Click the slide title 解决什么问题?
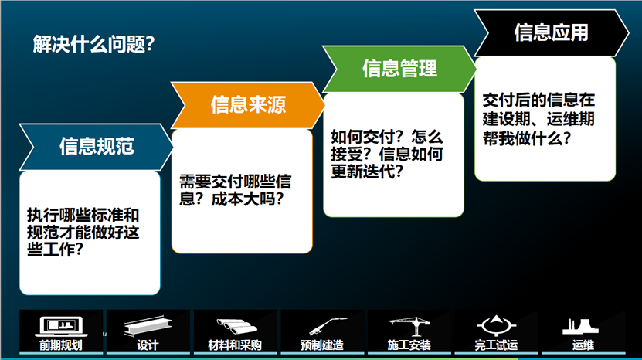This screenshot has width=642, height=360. click(93, 44)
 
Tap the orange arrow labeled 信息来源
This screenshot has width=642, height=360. click(248, 105)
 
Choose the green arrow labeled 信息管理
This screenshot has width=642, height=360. click(399, 69)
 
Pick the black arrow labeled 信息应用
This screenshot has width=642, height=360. click(551, 32)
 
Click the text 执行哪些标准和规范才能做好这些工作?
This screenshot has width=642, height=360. click(83, 233)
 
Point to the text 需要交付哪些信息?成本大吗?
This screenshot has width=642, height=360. click(236, 190)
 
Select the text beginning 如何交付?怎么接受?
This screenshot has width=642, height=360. click(387, 154)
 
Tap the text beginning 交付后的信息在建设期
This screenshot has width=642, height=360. click(538, 119)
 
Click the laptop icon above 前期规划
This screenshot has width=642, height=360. click(61, 326)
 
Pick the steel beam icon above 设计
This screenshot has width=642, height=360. click(148, 325)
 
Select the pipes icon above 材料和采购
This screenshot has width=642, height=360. click(236, 327)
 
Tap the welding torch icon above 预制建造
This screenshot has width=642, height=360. click(328, 326)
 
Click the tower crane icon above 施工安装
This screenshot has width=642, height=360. click(409, 326)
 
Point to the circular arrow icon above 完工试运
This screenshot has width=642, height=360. click(496, 325)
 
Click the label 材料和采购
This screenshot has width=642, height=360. click(235, 345)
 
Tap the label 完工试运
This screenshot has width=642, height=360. click(496, 345)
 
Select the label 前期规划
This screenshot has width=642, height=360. click(60, 345)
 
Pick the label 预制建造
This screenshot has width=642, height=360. click(322, 345)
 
